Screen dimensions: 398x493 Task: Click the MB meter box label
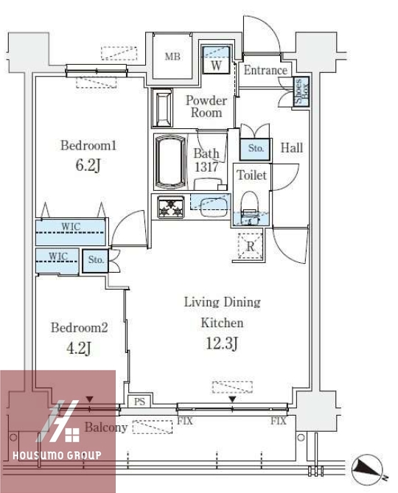pyautogui.click(x=172, y=57)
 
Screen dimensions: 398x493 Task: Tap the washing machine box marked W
pyautogui.click(x=216, y=60)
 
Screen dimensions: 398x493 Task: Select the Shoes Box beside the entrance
pyautogui.click(x=301, y=91)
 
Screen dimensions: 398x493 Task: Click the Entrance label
pyautogui.click(x=265, y=70)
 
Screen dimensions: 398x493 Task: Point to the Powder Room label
pyautogui.click(x=206, y=107)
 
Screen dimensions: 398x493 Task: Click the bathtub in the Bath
pyautogui.click(x=171, y=162)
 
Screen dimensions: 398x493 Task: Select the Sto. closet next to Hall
pyautogui.click(x=255, y=149)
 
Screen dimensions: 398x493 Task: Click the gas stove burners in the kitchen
pyautogui.click(x=171, y=207)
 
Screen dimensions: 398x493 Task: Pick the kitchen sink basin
pyautogui.click(x=214, y=206)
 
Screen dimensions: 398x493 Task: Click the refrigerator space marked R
pyautogui.click(x=251, y=246)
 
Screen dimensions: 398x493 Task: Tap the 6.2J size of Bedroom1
pyautogui.click(x=88, y=165)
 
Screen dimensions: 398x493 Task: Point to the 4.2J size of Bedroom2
pyautogui.click(x=79, y=348)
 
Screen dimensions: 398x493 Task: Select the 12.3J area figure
pyautogui.click(x=222, y=343)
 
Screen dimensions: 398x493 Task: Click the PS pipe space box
pyautogui.click(x=139, y=402)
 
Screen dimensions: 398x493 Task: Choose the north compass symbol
pyautogui.click(x=367, y=469)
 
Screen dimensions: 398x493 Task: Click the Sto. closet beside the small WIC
pyautogui.click(x=95, y=260)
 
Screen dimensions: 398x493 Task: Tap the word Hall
pyautogui.click(x=292, y=148)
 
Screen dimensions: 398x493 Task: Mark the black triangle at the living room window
pyautogui.click(x=232, y=399)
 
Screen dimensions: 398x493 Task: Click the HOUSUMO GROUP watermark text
pyautogui.click(x=57, y=455)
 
